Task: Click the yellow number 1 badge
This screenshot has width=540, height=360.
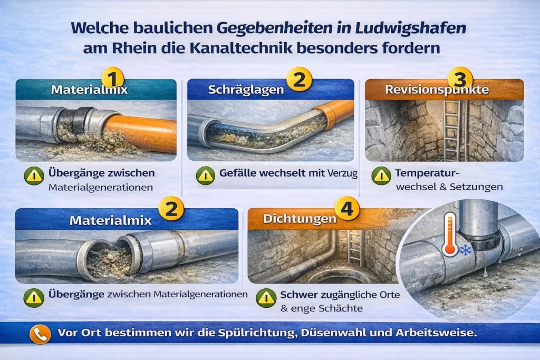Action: [113, 78]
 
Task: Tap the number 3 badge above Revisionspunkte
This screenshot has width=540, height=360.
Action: [460, 79]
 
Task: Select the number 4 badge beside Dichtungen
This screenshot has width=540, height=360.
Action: [347, 209]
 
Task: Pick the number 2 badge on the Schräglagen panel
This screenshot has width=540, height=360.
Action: [299, 79]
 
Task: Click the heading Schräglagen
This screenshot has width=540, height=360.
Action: [246, 90]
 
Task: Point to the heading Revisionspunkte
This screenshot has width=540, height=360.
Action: [437, 90]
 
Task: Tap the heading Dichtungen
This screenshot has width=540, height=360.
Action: [300, 219]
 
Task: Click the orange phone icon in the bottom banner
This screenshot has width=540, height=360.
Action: [40, 334]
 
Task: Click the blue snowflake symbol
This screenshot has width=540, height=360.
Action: [466, 250]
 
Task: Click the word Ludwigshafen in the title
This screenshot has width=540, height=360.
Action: [410, 28]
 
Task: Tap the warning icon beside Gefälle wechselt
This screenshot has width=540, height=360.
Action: [206, 176]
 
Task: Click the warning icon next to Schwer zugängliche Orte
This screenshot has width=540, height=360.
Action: [266, 298]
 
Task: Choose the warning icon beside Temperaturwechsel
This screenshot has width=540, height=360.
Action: [381, 176]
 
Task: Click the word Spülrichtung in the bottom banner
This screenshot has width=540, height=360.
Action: [257, 333]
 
